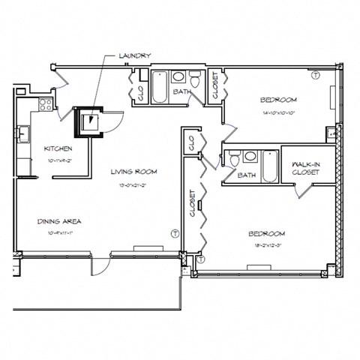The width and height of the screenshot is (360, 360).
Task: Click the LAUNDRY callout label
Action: [x=135, y=55]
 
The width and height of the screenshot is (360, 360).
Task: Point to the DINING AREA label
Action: [x=59, y=221]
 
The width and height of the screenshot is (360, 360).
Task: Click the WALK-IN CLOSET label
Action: [x=306, y=168]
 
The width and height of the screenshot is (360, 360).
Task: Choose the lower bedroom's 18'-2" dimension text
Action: [x=267, y=244]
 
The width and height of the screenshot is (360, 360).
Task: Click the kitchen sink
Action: [x=22, y=134]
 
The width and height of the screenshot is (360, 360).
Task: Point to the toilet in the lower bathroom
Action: [x=234, y=158]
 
